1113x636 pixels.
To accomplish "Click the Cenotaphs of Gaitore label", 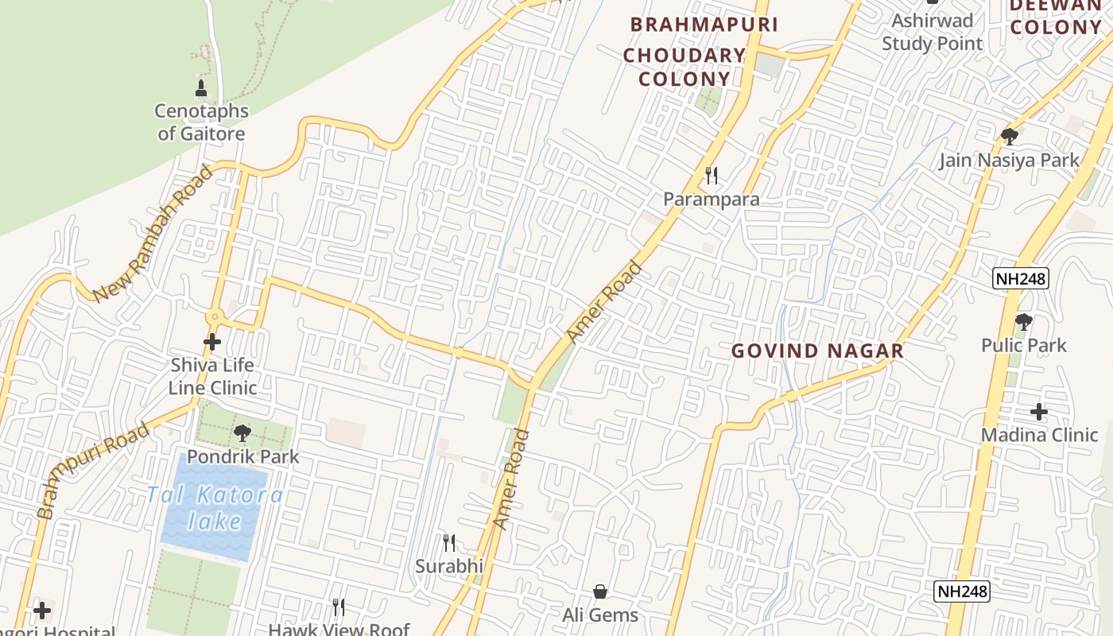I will pos(201,122).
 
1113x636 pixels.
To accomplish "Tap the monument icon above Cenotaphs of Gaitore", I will pos(201,87).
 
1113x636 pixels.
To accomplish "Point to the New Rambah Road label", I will pos(153,233).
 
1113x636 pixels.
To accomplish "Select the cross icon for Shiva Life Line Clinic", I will pos(212,342).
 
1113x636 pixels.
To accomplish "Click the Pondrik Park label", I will pos(243,456).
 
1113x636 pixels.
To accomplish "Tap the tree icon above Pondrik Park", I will pos(242,433).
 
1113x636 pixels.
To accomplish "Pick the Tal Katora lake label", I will pos(215,508).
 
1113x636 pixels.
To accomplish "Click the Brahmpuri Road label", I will pos(93,471).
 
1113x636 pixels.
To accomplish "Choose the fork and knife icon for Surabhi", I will pos(449,543).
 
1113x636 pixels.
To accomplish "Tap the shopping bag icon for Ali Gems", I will pos(600,591).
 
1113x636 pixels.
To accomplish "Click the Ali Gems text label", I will pos(600,615).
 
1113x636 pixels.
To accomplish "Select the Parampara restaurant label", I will pos(712,199).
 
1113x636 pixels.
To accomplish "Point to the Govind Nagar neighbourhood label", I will pos(817,351).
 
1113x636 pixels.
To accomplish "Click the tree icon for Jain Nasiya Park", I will pos(1009,137).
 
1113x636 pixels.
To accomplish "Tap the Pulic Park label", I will pos(1024,345).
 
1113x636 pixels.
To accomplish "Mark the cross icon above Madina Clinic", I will pos(1038,412).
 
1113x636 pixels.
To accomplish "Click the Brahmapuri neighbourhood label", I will pos(704,25).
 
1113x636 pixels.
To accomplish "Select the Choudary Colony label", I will pos(684,67).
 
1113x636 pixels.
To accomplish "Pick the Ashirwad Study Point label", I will pos(932,32).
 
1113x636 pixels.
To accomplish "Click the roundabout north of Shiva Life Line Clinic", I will pos(213,318).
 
